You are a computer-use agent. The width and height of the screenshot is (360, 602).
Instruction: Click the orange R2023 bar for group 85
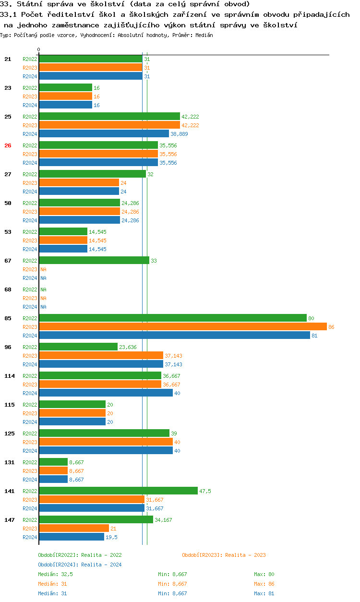(x=182, y=327)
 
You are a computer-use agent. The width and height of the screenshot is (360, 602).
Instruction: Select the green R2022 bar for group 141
(x=118, y=491)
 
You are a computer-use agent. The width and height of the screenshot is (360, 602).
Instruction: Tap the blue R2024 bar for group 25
(x=104, y=134)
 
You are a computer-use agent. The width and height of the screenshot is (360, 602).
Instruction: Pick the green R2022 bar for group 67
(x=94, y=260)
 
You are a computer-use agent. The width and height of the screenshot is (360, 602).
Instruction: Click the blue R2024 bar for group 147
(x=72, y=537)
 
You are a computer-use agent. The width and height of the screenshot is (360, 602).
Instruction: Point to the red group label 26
(x=8, y=145)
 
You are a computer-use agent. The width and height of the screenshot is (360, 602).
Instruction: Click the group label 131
(x=9, y=462)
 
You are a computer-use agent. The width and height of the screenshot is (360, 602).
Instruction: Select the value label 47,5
(x=205, y=491)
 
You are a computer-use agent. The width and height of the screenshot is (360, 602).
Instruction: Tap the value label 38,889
(x=179, y=134)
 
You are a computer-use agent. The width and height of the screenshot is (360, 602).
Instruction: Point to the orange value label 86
(x=331, y=327)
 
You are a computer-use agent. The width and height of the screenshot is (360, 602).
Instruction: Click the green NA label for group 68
(x=43, y=289)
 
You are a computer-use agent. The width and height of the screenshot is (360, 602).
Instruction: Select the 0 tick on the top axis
(x=39, y=49)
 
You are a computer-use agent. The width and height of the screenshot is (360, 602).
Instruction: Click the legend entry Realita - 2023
(x=224, y=555)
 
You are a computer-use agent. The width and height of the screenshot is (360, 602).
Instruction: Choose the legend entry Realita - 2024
(x=80, y=565)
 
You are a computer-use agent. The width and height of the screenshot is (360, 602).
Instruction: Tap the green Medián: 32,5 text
(x=55, y=574)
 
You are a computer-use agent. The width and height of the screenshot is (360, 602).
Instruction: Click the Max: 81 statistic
(x=264, y=593)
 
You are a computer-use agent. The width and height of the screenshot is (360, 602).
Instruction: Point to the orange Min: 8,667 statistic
(x=172, y=584)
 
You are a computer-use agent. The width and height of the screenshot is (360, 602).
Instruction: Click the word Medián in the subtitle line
(x=204, y=35)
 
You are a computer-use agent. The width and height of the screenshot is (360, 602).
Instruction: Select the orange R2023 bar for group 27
(x=79, y=183)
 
